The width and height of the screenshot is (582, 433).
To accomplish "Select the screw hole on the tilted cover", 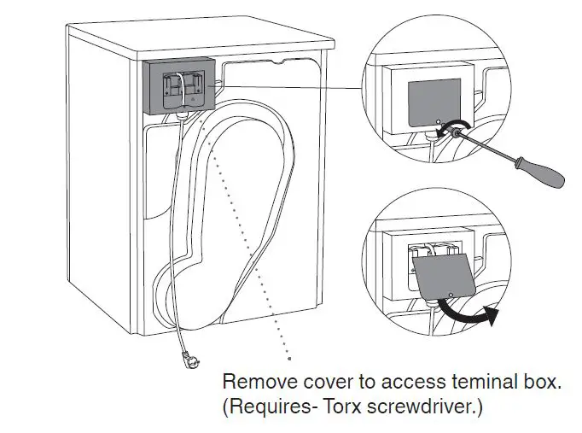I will [x=449, y=293].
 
